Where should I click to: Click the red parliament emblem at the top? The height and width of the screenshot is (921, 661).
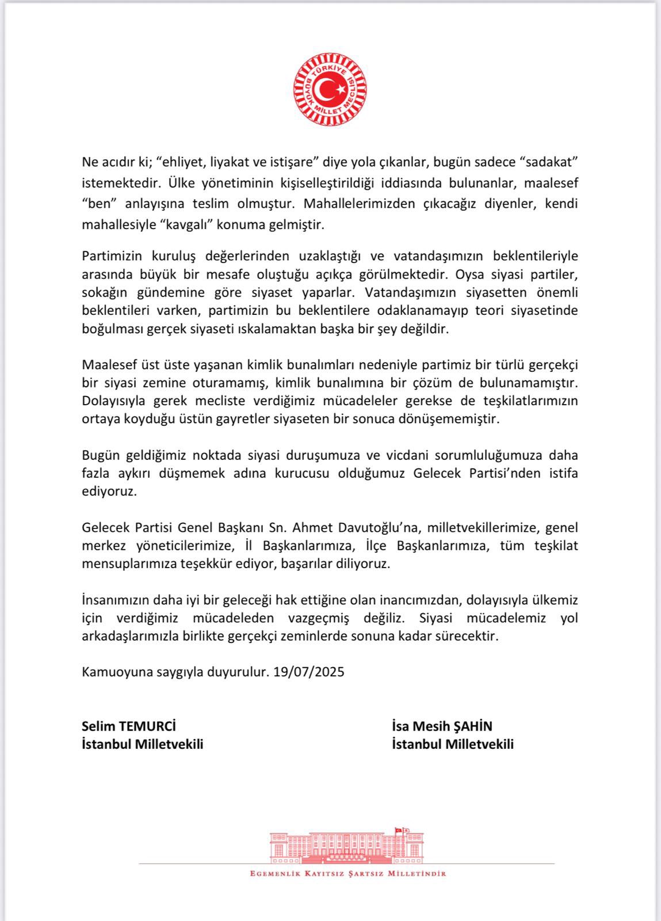pyautogui.click(x=330, y=89)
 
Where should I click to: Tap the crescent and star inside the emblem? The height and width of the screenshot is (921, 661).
pyautogui.click(x=332, y=89)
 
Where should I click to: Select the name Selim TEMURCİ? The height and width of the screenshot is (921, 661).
pyautogui.click(x=129, y=726)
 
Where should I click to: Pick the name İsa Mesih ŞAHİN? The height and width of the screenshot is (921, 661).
pyautogui.click(x=442, y=726)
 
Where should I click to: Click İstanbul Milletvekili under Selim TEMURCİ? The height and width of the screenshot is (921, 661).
pyautogui.click(x=143, y=744)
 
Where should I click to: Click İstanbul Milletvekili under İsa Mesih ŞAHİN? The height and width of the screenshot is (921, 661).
pyautogui.click(x=453, y=744)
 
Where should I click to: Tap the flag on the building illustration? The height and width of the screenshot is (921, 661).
pyautogui.click(x=398, y=830)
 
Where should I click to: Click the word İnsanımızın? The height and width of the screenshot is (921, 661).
pyautogui.click(x=117, y=600)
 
